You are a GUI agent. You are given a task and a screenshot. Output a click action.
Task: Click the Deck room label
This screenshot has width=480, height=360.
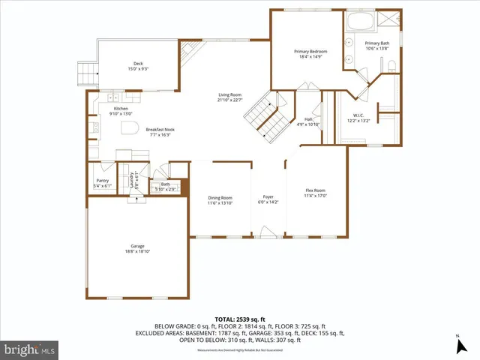point(138,65)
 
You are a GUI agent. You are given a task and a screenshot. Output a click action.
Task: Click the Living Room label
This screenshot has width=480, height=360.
point(229,97)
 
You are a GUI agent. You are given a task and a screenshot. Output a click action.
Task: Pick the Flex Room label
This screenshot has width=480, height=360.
point(316,193)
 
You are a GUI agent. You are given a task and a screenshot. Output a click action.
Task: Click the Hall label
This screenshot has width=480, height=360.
point(308,121)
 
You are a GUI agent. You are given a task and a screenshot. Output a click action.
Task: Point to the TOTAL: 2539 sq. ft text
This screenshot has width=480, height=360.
point(239,319)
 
